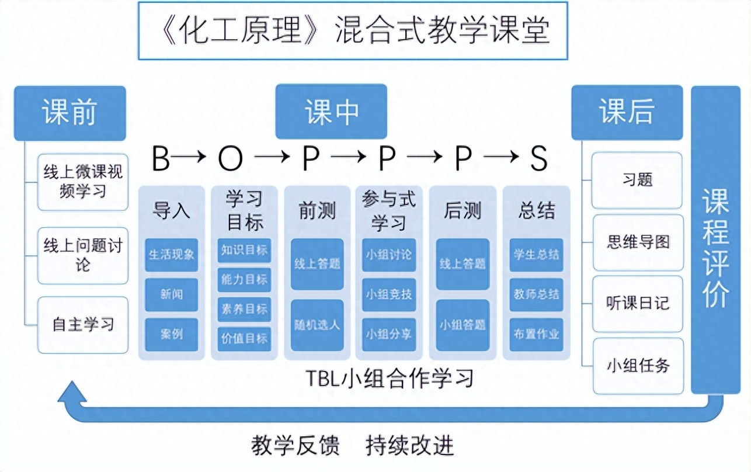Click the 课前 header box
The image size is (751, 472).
coord(69,113)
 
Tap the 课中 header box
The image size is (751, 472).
coord(331,112)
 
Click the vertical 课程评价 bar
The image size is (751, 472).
coord(715,240)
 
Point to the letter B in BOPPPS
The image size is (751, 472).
coord(161,159)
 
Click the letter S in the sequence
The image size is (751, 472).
coord(538,159)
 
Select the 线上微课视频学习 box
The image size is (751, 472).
coord(83,182)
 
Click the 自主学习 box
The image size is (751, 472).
coord(83,325)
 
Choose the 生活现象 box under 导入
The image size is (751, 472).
coord(171,255)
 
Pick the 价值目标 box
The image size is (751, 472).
coord(244,337)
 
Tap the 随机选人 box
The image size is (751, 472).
coord(317,325)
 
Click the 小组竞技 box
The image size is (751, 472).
coord(389,294)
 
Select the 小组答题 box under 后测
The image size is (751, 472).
coord(463,325)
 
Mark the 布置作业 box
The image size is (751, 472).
coord(536,334)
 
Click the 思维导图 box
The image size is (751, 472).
coord(638,242)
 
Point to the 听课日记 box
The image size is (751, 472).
coord(638,304)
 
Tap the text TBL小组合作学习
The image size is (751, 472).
coord(390,378)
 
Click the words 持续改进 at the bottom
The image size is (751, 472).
coord(410,446)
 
